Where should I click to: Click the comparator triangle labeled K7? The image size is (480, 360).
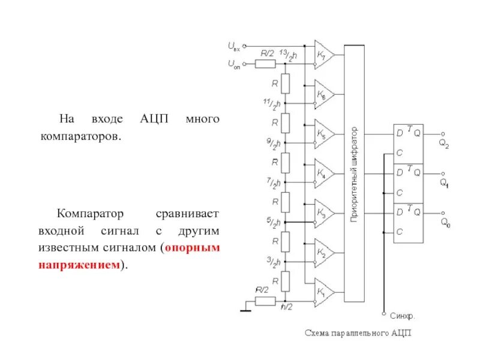pos(324,55)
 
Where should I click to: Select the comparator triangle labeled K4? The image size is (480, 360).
pos(324,174)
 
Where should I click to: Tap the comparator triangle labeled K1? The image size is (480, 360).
pos(324,292)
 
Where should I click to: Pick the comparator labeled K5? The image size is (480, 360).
pos(324,134)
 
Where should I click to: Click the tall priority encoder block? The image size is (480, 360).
pos(354,174)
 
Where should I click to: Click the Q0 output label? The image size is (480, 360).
pos(445,223)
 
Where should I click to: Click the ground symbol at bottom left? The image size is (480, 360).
pos(245,309)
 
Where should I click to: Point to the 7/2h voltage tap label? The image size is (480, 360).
pos(273,182)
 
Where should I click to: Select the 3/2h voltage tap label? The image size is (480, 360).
pos(273,261)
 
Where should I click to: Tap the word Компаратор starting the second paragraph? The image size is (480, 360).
pos(90,213)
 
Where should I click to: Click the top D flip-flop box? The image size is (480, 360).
pos(409,143)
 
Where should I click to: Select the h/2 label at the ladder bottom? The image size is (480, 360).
pos(287,307)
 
